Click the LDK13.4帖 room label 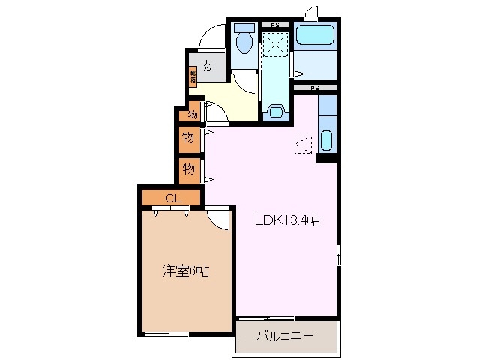[x=287, y=221]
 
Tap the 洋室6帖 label [x=184, y=271]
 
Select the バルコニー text [x=286, y=335]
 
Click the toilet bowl [x=244, y=42]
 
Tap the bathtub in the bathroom [x=315, y=35]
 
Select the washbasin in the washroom [x=275, y=113]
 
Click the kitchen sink [x=327, y=140]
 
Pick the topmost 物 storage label [x=193, y=115]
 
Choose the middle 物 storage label [x=188, y=138]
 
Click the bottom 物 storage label [x=188, y=169]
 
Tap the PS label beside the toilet [x=274, y=25]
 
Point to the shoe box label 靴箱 [x=193, y=75]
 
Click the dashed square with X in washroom [x=275, y=46]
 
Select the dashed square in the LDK [x=302, y=144]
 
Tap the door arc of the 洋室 [x=219, y=217]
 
